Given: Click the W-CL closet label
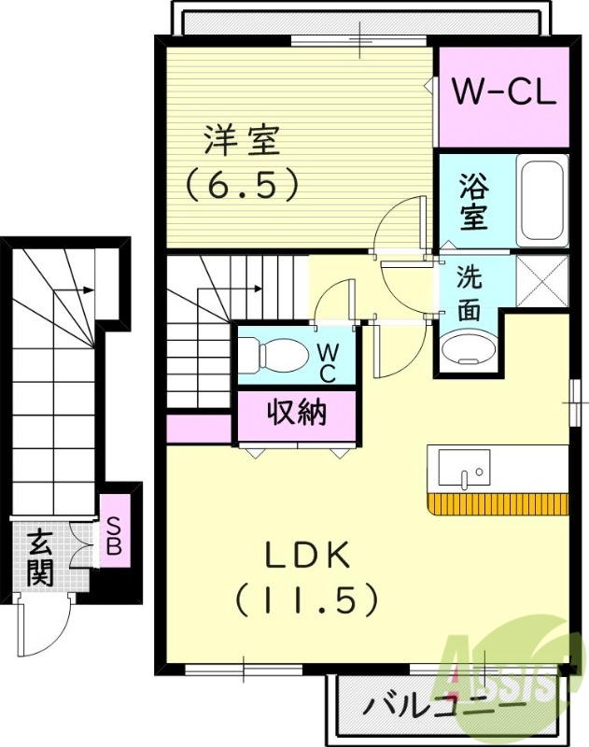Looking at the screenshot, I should tap(504, 92).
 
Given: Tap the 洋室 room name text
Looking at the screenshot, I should tap(242, 143).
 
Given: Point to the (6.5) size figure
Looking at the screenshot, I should tap(242, 183).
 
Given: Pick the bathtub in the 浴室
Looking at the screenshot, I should tap(541, 202).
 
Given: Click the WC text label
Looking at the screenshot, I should tap(329, 361).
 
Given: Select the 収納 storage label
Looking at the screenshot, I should tap(298, 411).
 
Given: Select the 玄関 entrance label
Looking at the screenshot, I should tap(39, 557).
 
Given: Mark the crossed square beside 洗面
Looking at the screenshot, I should tap(542, 281).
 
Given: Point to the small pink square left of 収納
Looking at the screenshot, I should tap(198, 429).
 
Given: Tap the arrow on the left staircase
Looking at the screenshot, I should tap(88, 290).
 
